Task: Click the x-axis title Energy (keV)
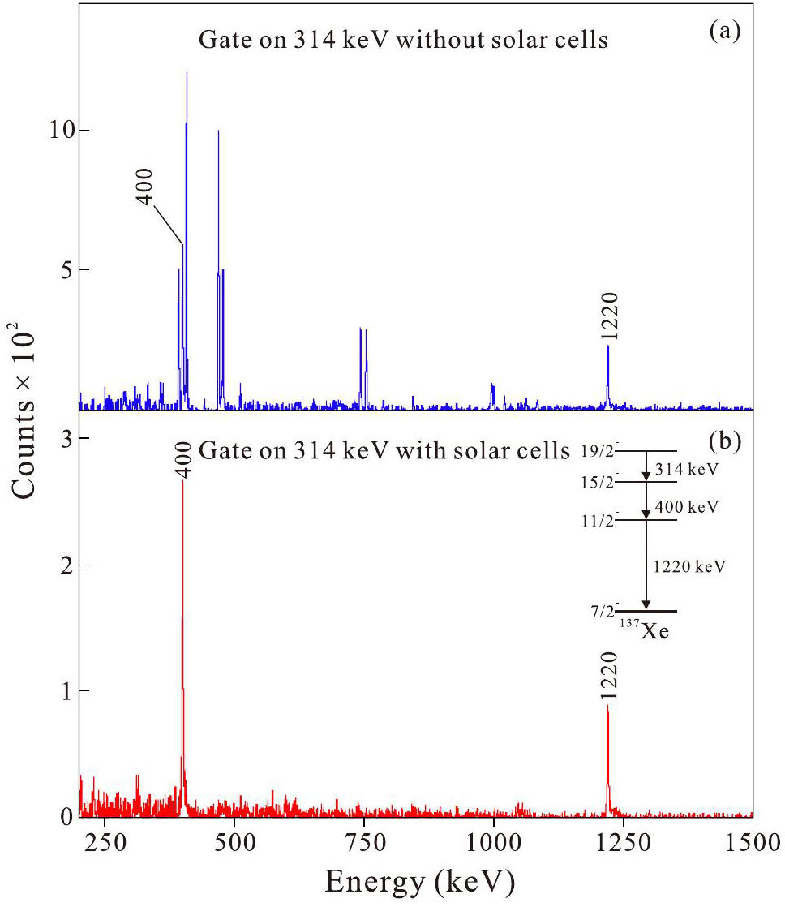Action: click(417, 879)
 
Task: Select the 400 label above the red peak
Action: click(183, 459)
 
